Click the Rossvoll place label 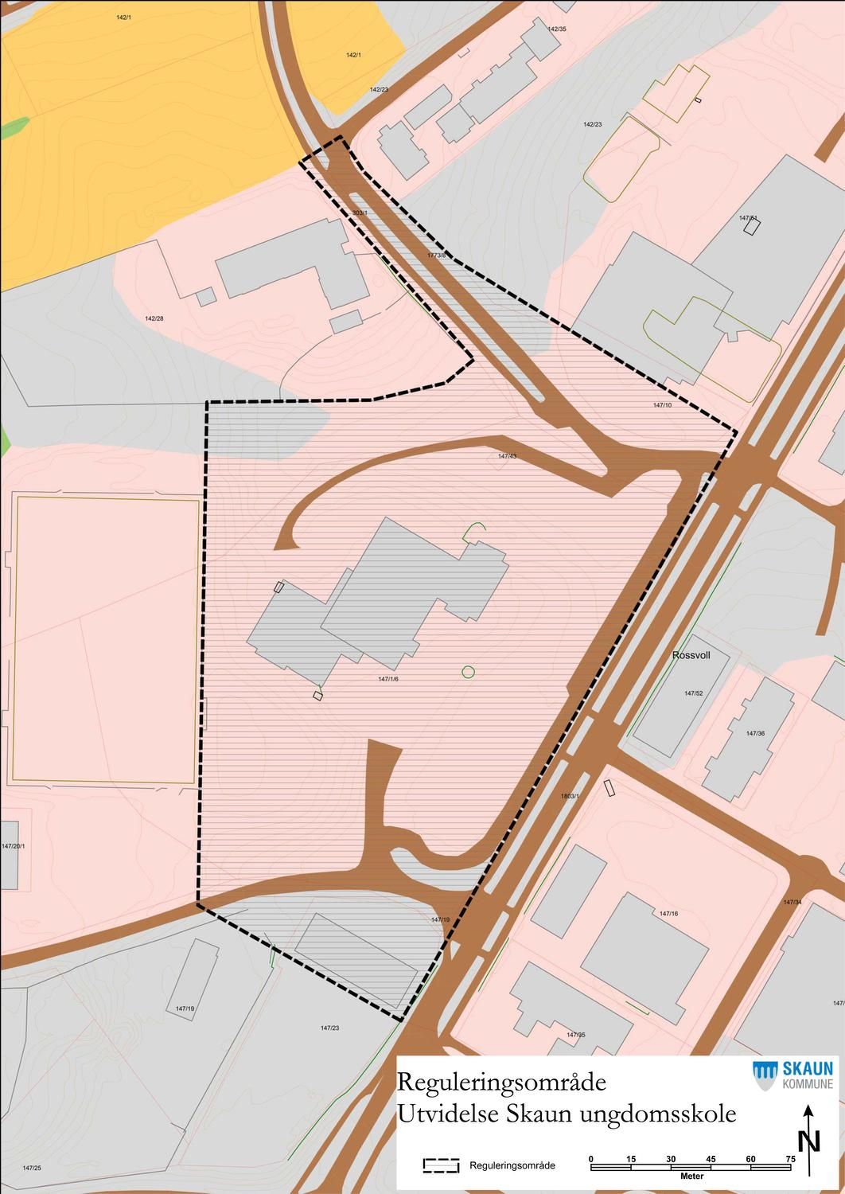[x=691, y=655]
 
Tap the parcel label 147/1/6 [x=388, y=679]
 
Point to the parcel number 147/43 [x=507, y=456]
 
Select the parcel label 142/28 [x=154, y=318]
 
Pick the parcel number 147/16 [x=668, y=913]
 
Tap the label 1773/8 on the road [x=437, y=256]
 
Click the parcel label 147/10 [x=662, y=405]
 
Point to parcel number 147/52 [x=694, y=693]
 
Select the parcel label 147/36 [x=755, y=733]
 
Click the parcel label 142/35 [x=557, y=29]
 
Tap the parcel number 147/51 [x=748, y=217]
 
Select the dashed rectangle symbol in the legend [x=442, y=1165]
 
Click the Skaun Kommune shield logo [x=765, y=1075]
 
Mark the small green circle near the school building [x=468, y=672]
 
